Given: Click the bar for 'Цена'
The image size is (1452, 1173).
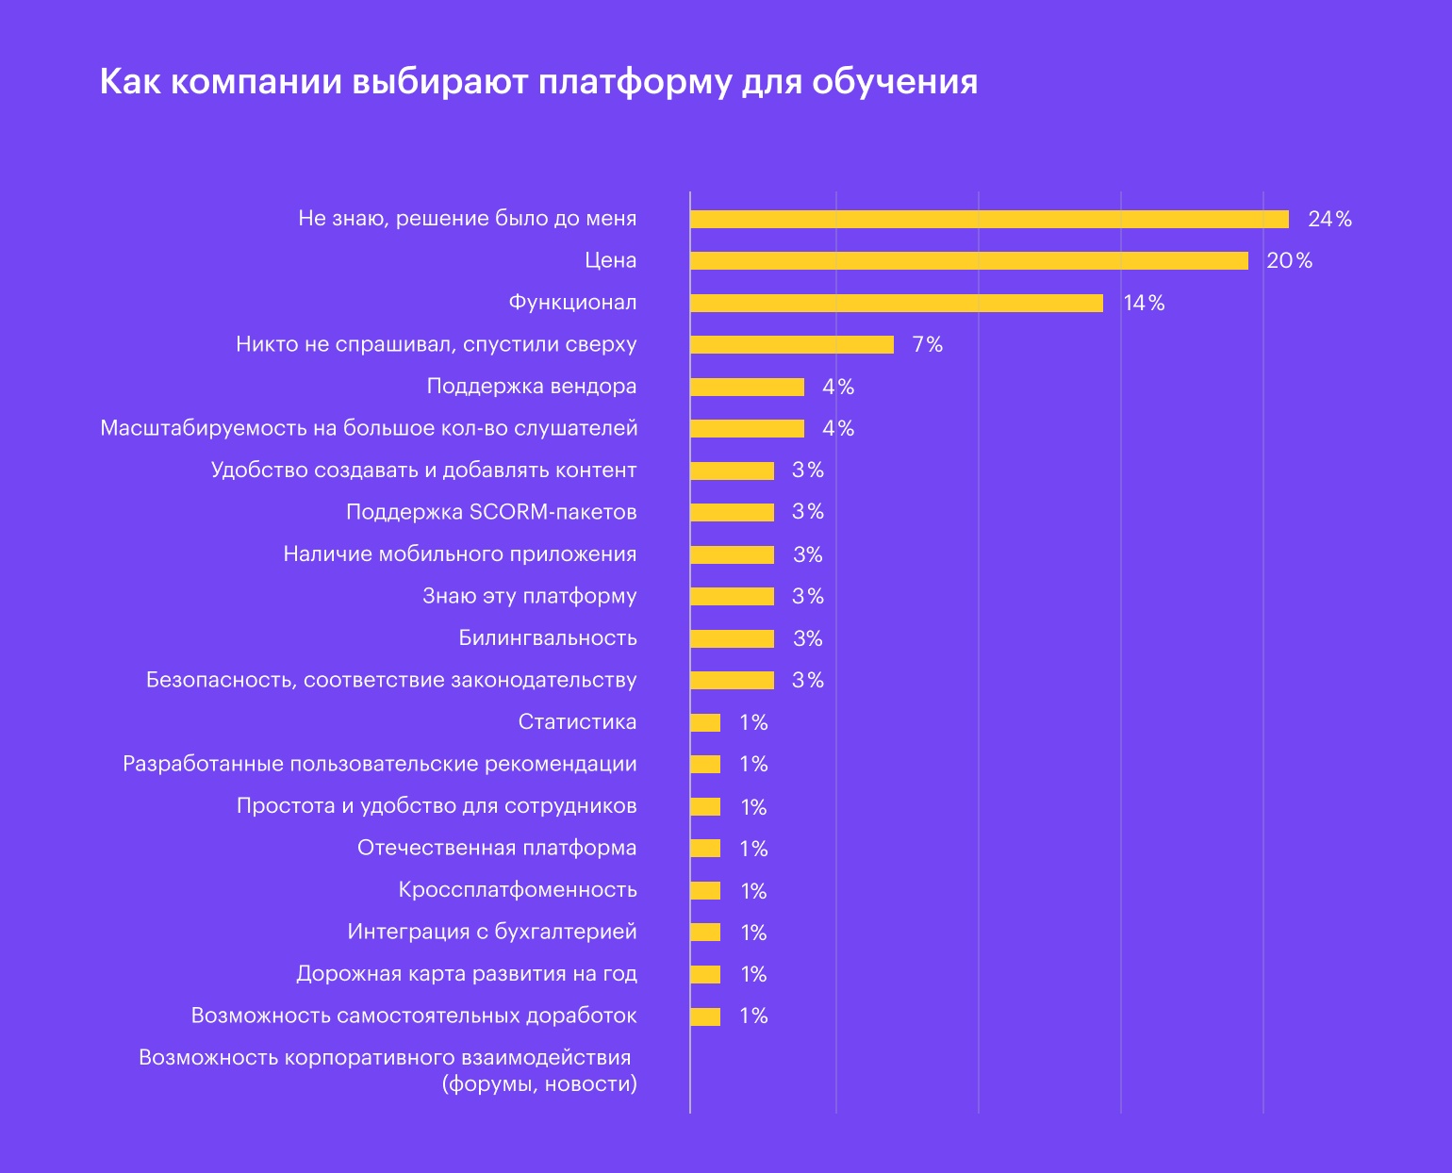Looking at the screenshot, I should click(x=968, y=261).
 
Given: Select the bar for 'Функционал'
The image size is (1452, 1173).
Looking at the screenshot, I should click(x=896, y=303).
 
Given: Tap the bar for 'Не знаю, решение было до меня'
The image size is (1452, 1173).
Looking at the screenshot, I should click(x=989, y=220).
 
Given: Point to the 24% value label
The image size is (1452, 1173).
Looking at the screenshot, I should click(x=1329, y=220).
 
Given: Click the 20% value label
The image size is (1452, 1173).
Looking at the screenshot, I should click(x=1289, y=261).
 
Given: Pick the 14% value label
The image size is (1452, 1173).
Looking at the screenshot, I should click(x=1144, y=304).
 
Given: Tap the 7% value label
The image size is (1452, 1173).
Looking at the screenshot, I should click(x=927, y=345).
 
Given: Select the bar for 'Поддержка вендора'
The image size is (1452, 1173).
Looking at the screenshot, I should click(x=747, y=387).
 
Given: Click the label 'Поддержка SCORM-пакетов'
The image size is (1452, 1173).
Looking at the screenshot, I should click(x=491, y=512).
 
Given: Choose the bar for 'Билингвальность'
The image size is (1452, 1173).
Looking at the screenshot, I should click(x=732, y=638).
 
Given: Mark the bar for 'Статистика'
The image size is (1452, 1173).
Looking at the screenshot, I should click(x=705, y=723).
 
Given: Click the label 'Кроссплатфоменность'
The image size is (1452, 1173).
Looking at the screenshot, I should click(x=518, y=890).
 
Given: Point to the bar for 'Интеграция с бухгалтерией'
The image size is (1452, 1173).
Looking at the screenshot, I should click(x=705, y=933).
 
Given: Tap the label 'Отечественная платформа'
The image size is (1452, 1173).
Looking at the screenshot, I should click(x=497, y=848).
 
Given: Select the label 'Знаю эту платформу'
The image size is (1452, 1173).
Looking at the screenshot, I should click(x=529, y=596).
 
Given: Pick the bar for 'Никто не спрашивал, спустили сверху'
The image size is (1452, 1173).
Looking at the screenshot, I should click(x=791, y=345).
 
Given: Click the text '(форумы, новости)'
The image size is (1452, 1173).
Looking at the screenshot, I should click(x=539, y=1084).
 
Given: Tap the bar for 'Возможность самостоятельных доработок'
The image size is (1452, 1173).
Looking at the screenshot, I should click(x=705, y=1016).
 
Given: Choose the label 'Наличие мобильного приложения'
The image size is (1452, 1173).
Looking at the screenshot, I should click(x=460, y=554).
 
